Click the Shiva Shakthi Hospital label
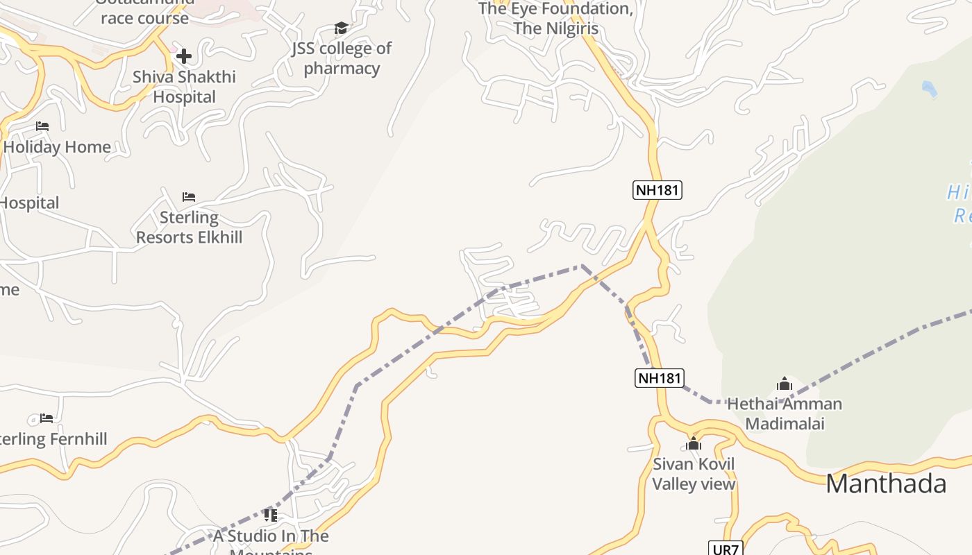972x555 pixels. click(x=184, y=87)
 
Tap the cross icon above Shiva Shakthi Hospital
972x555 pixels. click(x=184, y=56)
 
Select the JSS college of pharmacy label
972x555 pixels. click(x=342, y=58)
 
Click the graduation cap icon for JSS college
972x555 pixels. click(x=341, y=28)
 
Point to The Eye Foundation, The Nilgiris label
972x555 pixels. click(x=555, y=19)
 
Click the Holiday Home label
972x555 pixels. click(x=57, y=147)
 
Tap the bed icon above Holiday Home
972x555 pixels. click(x=42, y=126)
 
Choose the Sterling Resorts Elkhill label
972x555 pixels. click(x=189, y=228)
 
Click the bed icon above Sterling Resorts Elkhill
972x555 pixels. click(x=189, y=197)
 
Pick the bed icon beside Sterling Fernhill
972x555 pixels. click(x=47, y=418)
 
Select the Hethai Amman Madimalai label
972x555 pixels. click(x=785, y=413)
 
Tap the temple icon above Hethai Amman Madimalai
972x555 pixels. click(x=785, y=384)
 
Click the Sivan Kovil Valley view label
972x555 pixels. click(x=694, y=474)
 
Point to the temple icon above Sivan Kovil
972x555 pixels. click(x=694, y=443)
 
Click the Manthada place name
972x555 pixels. click(x=886, y=484)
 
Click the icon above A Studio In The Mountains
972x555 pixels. click(x=271, y=515)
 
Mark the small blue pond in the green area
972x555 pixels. click(x=928, y=88)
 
